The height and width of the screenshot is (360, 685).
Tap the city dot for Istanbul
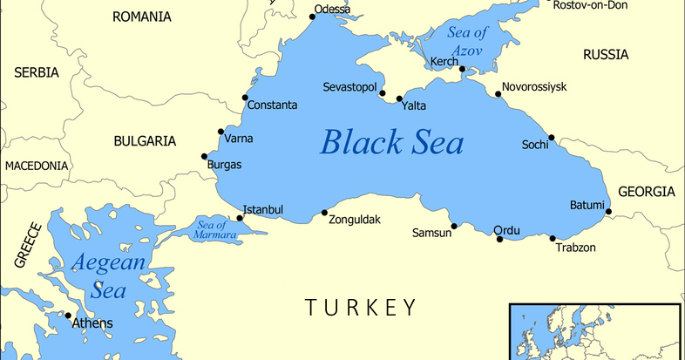coord(240,218)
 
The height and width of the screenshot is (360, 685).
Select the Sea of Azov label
coord(469,40)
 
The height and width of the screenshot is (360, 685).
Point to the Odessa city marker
coord(313,17)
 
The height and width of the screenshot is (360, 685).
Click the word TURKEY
coord(360,307)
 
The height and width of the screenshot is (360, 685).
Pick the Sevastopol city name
coord(349,89)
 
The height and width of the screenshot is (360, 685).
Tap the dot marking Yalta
coord(399,98)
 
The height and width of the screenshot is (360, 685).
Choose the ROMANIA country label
coord(142,17)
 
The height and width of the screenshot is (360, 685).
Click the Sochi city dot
coord(551,137)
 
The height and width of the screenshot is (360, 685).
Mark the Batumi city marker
coord(608,211)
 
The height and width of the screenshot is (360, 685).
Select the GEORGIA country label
coord(646,192)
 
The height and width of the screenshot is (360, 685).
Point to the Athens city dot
coord(67,316)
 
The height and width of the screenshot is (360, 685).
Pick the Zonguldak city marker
coord(324,212)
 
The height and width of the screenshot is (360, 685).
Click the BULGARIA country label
coord(145,140)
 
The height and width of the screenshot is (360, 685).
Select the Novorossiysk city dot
coord(498,93)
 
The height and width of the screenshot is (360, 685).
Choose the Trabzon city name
coord(576,248)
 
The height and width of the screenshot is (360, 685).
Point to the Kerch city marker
coord(464,70)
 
